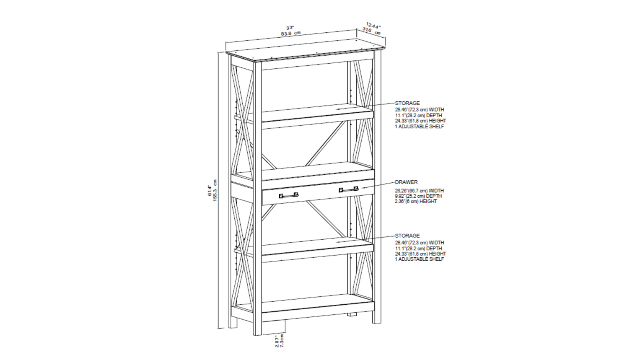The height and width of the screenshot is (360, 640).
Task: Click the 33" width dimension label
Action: pos(290,28)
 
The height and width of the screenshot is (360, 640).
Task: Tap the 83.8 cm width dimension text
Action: pos(290,34)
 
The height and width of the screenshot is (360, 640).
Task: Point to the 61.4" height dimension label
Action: pos(209,190)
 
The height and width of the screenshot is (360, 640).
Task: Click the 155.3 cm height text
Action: pos(215,190)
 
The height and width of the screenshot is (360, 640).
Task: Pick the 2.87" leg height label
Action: pos(277,340)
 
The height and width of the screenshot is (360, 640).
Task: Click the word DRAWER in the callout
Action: pos(406,182)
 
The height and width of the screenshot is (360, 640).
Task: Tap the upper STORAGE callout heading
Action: pos(407,103)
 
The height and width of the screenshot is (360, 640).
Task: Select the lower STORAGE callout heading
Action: pos(407,236)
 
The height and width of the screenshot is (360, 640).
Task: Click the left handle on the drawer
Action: pos(288,196)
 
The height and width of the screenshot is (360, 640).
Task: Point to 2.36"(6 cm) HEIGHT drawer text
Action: pos(416,202)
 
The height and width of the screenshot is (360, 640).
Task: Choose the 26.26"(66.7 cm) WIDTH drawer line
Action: pos(419,191)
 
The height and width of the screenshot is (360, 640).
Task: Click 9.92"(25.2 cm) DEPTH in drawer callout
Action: pos(418,196)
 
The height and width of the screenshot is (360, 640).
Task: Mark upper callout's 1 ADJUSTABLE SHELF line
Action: pos(419,126)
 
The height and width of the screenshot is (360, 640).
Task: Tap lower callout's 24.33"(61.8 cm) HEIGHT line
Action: pos(420,254)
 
